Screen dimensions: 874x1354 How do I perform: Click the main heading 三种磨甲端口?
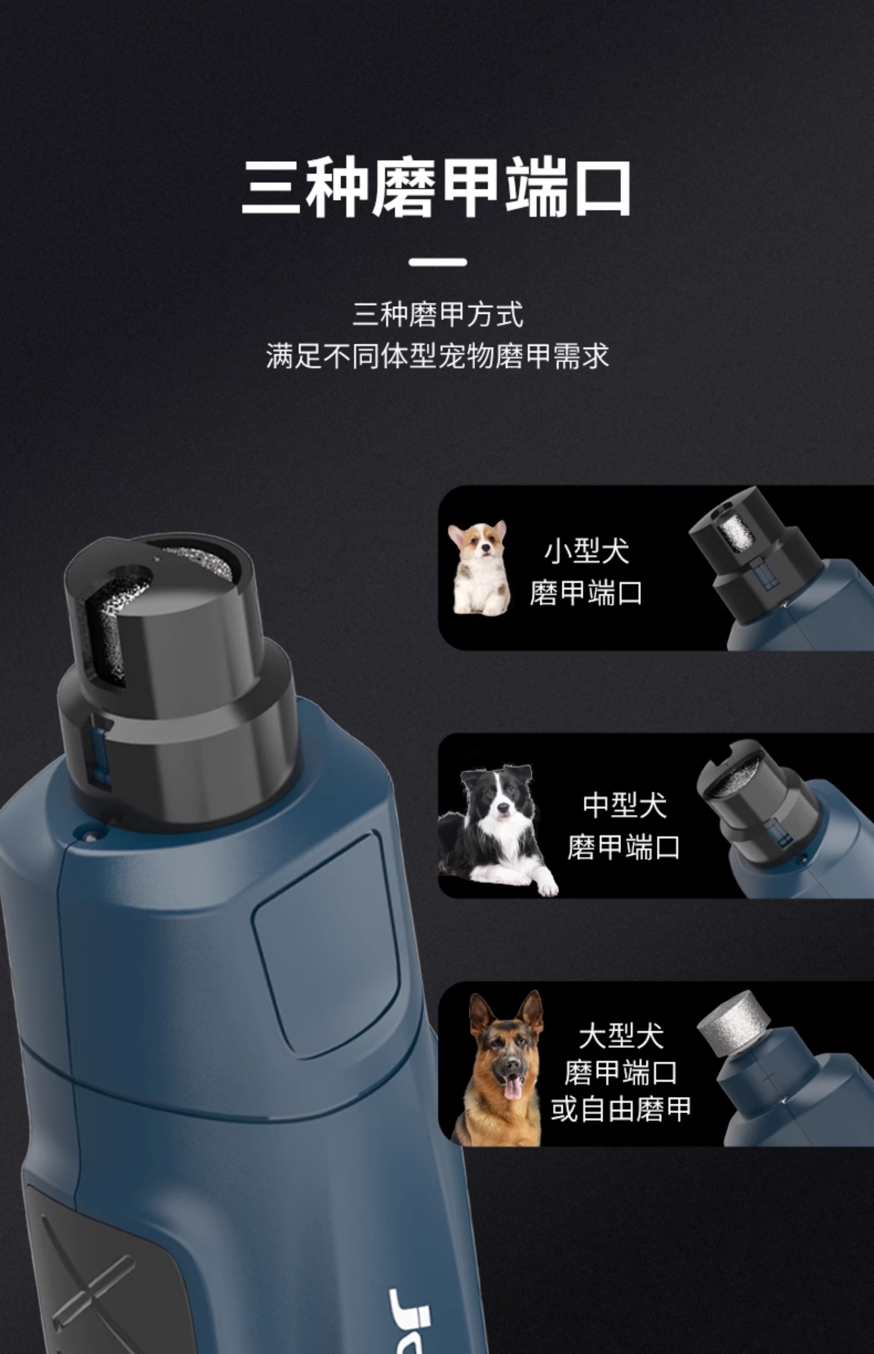click(x=436, y=188)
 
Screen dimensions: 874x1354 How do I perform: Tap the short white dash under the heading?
click(x=438, y=262)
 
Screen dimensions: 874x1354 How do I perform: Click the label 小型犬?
click(x=587, y=551)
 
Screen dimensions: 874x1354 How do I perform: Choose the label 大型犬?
click(x=621, y=1036)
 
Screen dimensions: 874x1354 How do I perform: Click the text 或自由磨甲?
click(x=621, y=1109)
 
